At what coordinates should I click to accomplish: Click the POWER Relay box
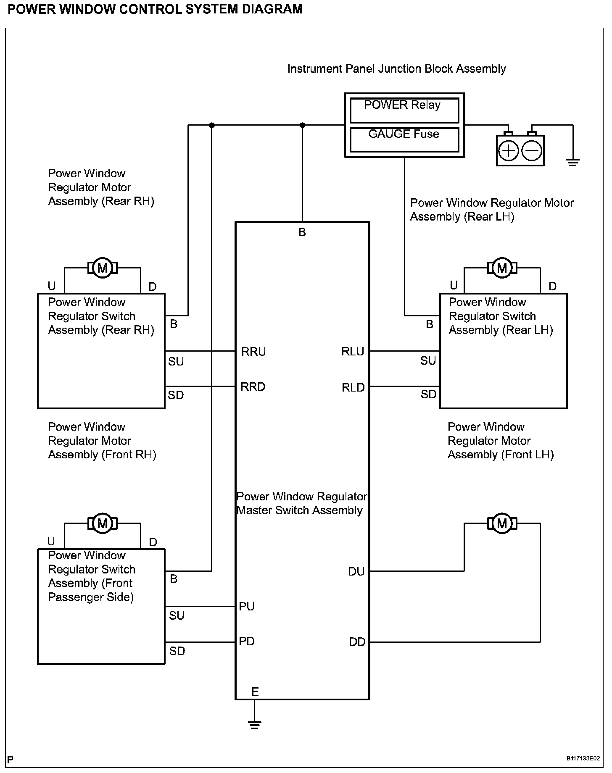pyautogui.click(x=404, y=110)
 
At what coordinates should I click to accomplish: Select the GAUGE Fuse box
pyautogui.click(x=404, y=139)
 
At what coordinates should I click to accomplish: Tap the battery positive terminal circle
pyautogui.click(x=509, y=151)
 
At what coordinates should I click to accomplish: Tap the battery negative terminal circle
pyautogui.click(x=532, y=151)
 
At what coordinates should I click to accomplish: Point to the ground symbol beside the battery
pyautogui.click(x=572, y=162)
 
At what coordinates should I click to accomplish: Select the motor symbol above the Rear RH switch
pyautogui.click(x=102, y=268)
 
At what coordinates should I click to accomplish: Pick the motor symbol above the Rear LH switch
pyautogui.click(x=502, y=268)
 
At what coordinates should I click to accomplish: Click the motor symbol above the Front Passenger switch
pyautogui.click(x=102, y=523)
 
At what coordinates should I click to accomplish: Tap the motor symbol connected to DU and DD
pyautogui.click(x=502, y=523)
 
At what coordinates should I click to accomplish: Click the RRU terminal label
pyautogui.click(x=253, y=352)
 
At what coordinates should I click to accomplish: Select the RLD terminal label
pyautogui.click(x=353, y=388)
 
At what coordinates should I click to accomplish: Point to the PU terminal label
pyautogui.click(x=247, y=607)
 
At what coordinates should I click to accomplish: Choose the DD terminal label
pyautogui.click(x=357, y=642)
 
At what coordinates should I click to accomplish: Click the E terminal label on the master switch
pyautogui.click(x=255, y=691)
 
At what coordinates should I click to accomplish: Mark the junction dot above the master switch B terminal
pyautogui.click(x=302, y=125)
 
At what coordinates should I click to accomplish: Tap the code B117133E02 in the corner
pyautogui.click(x=583, y=759)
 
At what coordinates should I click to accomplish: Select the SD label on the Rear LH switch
pyautogui.click(x=429, y=394)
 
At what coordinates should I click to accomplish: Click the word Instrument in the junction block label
pyautogui.click(x=315, y=69)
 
